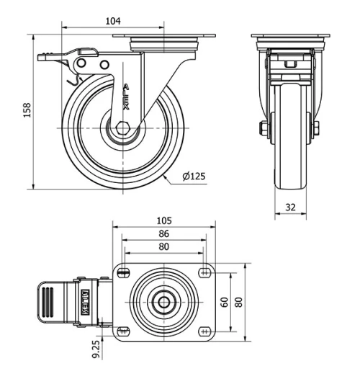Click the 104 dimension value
[x=112, y=22]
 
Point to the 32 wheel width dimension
[x=291, y=206]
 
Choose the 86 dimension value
[x=164, y=234]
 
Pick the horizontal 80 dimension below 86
[x=164, y=247]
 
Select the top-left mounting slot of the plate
[x=124, y=272]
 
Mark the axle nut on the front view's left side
[x=264, y=128]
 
